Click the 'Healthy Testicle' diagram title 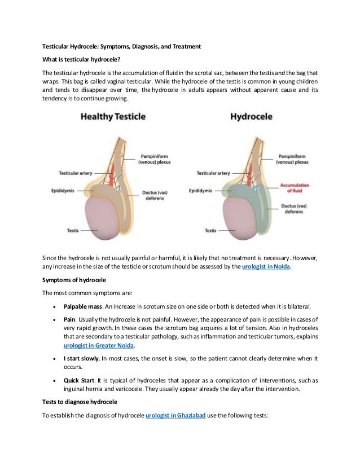[x=113, y=117]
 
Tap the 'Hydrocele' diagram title [x=251, y=117]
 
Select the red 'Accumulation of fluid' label [x=293, y=187]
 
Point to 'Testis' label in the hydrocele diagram [x=210, y=231]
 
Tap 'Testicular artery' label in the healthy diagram [x=77, y=173]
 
